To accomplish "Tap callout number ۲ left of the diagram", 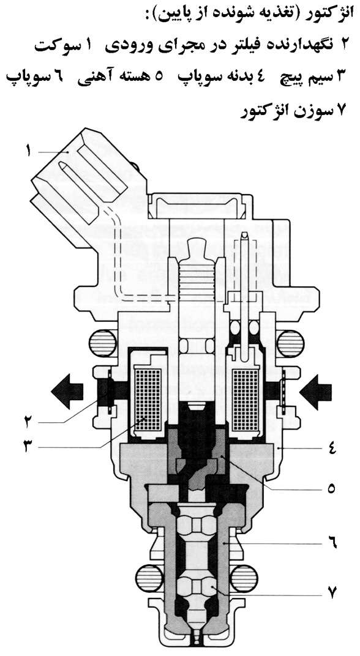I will click(28, 422).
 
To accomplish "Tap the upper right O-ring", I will click(290, 343).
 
